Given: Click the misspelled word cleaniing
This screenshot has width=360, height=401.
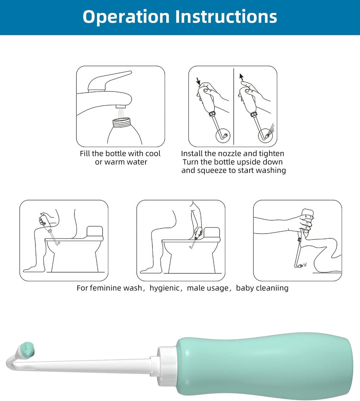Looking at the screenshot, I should (271, 288).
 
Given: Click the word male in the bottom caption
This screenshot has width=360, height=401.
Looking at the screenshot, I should (195, 288).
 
